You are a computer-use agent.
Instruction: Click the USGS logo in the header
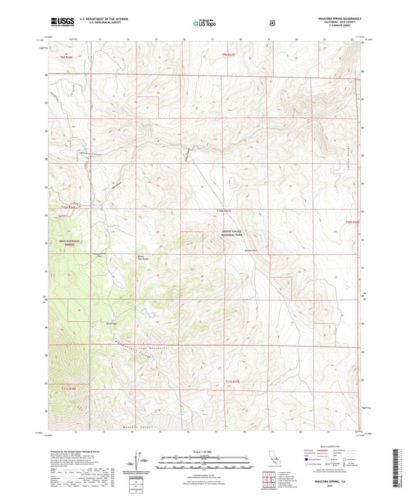(x=58, y=22)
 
